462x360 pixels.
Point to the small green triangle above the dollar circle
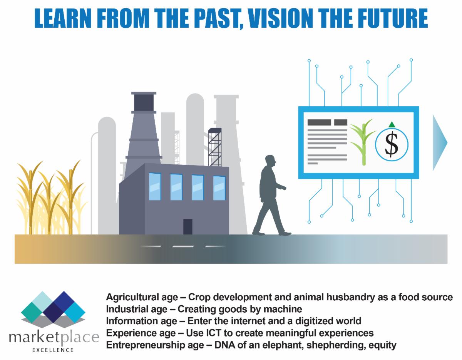(x=392, y=125)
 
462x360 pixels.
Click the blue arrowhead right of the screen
(x=440, y=142)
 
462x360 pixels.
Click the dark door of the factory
(x=188, y=227)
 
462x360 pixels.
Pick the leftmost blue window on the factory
(x=155, y=186)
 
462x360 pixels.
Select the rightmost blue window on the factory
(x=219, y=188)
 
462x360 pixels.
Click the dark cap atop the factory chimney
(x=144, y=102)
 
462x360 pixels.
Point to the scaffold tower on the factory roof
(x=215, y=147)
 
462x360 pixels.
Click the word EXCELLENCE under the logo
(x=53, y=350)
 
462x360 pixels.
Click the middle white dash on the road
(x=183, y=246)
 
